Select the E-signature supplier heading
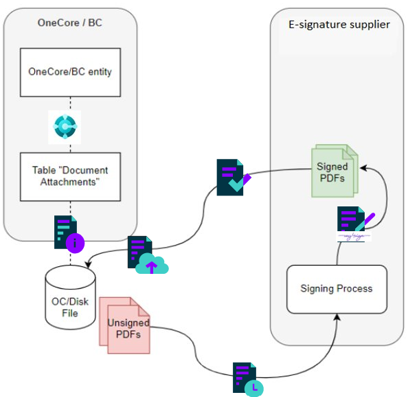coord(339,25)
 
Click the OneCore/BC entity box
coord(70,72)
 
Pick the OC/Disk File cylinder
coord(70,297)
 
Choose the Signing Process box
coord(336,288)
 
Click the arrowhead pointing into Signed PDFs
coord(365,167)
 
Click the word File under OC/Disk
coord(70,313)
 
